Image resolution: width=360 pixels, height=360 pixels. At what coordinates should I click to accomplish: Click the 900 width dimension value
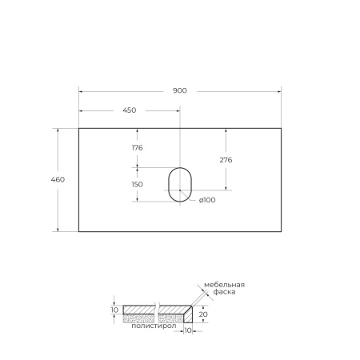(180, 90)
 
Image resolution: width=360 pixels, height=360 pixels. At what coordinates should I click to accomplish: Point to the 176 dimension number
(137, 147)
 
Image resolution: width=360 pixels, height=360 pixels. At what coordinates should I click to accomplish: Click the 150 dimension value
(137, 184)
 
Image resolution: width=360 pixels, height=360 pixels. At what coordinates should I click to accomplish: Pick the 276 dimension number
(226, 160)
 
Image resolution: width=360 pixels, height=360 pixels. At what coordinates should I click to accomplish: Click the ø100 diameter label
(207, 200)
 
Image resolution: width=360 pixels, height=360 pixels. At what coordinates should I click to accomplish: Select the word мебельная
(224, 285)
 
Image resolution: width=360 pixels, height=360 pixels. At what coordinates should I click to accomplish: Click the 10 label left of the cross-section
(114, 310)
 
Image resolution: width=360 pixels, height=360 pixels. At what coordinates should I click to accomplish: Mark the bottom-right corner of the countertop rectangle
(282, 231)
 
